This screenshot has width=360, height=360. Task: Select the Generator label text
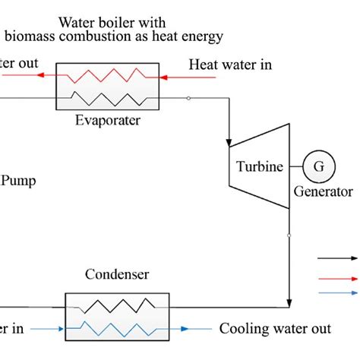[x=324, y=191]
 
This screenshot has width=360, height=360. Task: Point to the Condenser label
[x=117, y=274]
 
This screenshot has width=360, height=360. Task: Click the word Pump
[x=18, y=180]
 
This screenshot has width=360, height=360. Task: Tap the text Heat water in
[x=230, y=65]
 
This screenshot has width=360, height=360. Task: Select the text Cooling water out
[x=274, y=329]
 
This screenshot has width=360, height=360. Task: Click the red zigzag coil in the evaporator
[x=106, y=76]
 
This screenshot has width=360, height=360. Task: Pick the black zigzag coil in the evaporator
[x=106, y=96]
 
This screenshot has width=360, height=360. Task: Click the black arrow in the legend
[x=338, y=258]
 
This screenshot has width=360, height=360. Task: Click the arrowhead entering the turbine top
[x=229, y=141]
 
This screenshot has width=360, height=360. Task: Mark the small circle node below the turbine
[x=289, y=235]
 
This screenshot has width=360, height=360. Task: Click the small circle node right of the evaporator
[x=188, y=98]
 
